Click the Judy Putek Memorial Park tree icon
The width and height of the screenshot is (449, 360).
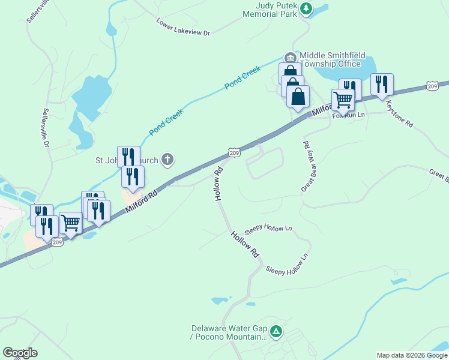coord(306,8)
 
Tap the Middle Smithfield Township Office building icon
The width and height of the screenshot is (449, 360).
coord(291,58)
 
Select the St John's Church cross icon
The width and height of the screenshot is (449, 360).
coord(167,160)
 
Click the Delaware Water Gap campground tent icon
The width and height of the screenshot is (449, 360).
coord(276,331)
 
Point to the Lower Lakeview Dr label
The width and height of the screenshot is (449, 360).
coord(183,26)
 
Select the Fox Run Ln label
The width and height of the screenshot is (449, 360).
coord(349,115)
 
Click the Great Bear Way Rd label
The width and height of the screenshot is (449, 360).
coord(305,166)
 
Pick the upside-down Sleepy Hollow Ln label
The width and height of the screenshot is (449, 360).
coord(268,229)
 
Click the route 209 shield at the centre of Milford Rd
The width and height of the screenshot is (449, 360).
coord(235,154)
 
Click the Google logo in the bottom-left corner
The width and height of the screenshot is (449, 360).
coord(20,353)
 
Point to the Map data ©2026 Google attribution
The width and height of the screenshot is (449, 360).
coord(412,355)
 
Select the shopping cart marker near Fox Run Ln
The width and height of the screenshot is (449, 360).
coord(343,99)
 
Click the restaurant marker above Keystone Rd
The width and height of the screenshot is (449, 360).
coord(382,84)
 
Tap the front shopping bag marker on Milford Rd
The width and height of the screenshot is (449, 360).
coord(298,96)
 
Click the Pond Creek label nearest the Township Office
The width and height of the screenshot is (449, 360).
coord(243,78)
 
